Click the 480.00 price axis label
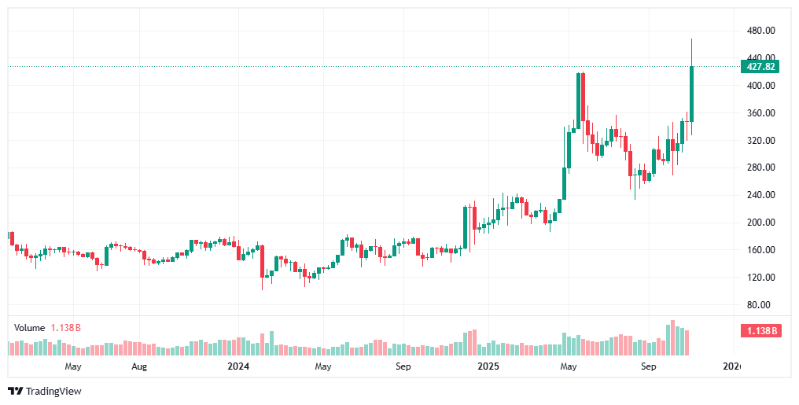760,31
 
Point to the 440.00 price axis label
760,58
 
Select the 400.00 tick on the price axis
760,86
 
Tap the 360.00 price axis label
760,113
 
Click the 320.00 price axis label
760,141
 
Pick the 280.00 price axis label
760,168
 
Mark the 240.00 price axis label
760,195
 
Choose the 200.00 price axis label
760,223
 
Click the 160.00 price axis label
760,250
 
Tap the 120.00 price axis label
760,278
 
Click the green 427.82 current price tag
759,67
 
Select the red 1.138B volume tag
759,331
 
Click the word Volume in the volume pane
30,327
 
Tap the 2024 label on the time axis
237,366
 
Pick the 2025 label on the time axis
488,366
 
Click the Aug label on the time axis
139,366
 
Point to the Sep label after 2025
649,366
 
